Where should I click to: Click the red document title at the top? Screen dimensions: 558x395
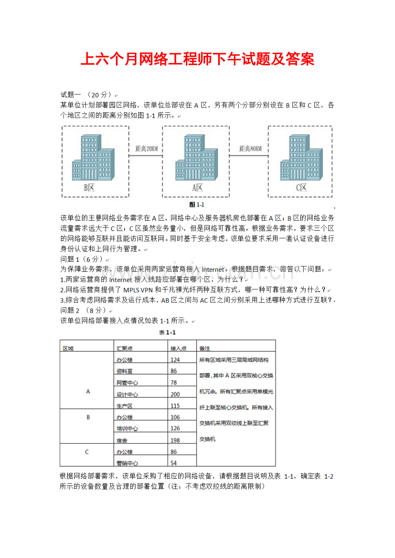coord(197,60)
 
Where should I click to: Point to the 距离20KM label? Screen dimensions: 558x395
coord(146,149)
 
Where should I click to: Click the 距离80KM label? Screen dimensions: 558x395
coord(250,149)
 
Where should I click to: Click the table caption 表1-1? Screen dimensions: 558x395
coord(167,333)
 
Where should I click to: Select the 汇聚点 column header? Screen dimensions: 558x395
coord(123,348)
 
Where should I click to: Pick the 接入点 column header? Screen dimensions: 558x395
coord(178,348)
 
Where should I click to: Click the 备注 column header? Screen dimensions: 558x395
coord(205,348)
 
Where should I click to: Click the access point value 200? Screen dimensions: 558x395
coord(175,394)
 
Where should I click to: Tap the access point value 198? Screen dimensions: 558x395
coord(175,440)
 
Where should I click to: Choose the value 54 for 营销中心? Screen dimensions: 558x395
coord(174,463)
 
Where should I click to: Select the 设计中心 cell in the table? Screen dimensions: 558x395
coord(127,394)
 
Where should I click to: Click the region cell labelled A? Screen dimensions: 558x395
coord(88,391)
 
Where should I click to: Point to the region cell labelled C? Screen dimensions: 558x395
coord(87,452)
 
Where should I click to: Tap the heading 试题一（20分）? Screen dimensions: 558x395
coord(86,94)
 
